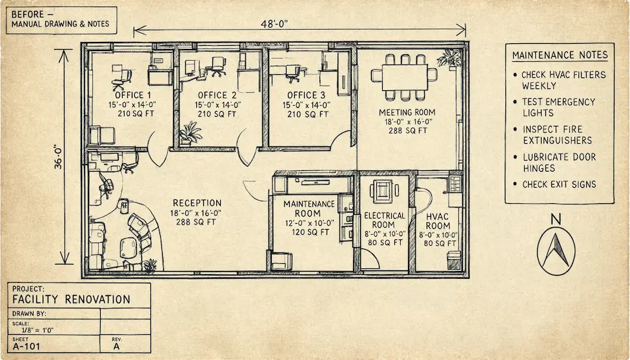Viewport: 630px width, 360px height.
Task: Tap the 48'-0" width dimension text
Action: (275, 24)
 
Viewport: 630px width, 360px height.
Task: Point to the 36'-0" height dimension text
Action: (59, 157)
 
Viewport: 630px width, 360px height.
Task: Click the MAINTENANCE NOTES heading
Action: (560, 55)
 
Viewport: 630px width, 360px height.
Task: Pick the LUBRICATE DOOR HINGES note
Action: (559, 163)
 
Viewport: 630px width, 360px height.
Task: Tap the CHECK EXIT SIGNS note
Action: (559, 185)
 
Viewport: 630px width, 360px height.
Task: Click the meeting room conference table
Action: (404, 77)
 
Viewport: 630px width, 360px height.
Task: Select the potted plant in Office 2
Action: (190, 133)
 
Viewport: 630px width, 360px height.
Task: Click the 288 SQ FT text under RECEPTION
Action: (197, 221)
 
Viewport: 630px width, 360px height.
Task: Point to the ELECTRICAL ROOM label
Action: (385, 220)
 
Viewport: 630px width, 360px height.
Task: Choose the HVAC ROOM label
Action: (438, 221)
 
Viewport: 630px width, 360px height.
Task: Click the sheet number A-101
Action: (26, 346)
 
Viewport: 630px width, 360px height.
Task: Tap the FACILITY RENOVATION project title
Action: (72, 299)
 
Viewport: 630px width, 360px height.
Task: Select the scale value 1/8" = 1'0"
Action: (37, 330)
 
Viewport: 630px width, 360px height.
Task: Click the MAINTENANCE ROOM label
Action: (309, 208)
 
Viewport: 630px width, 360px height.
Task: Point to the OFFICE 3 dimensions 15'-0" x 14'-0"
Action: (306, 105)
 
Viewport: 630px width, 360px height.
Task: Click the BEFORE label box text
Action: (60, 19)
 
